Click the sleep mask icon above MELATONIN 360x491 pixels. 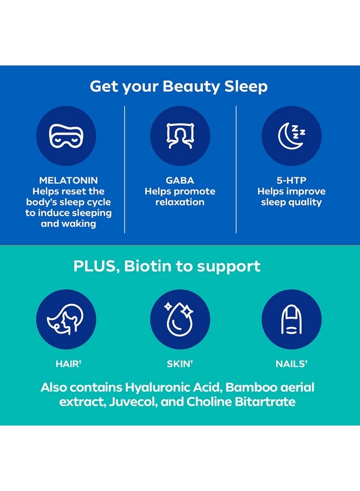coord(66,136)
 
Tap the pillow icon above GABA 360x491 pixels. coord(180,136)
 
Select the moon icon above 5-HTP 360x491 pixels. coord(291,136)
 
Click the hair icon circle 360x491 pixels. coord(66,319)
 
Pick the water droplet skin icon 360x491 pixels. coord(180,319)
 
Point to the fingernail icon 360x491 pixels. coord(291,319)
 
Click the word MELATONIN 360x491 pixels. coord(68,181)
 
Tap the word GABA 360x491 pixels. coord(180,181)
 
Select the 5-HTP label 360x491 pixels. coord(291,181)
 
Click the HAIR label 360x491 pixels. coord(67,363)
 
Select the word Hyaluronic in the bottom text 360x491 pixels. coord(154,388)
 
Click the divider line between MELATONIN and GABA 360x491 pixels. coord(125,169)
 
